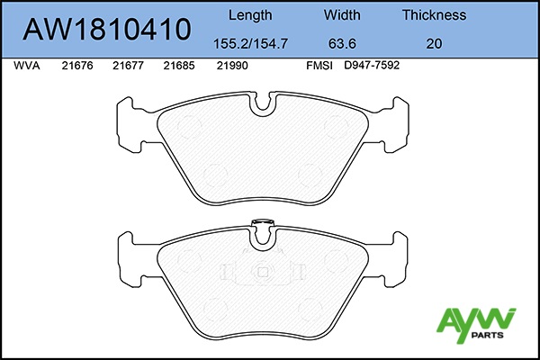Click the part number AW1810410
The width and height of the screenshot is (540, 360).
[x=107, y=30]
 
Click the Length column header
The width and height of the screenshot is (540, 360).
[x=250, y=15]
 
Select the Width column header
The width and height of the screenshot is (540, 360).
[x=342, y=14]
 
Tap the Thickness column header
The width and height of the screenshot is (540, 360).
[x=435, y=14]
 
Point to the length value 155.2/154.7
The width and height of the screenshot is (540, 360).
[x=250, y=44]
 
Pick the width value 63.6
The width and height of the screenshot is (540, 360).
[x=342, y=44]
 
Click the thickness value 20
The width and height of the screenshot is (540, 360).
[x=434, y=44]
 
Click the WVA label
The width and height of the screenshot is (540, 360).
[x=26, y=66]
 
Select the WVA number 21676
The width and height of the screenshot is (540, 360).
[x=77, y=66]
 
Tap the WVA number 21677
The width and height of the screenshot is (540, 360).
[x=128, y=66]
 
